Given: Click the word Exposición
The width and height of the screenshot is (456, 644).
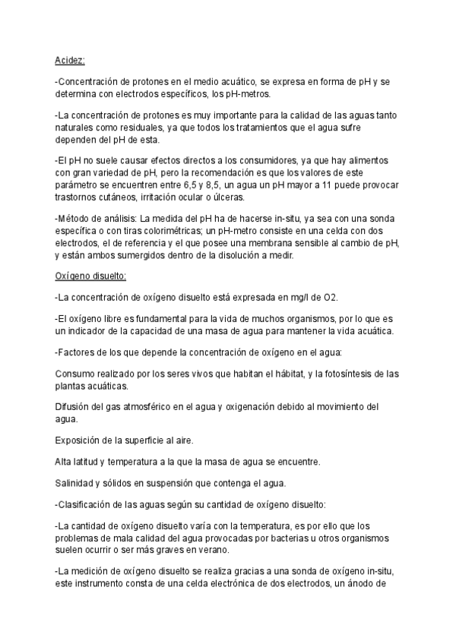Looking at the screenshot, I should pos(81,440).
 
